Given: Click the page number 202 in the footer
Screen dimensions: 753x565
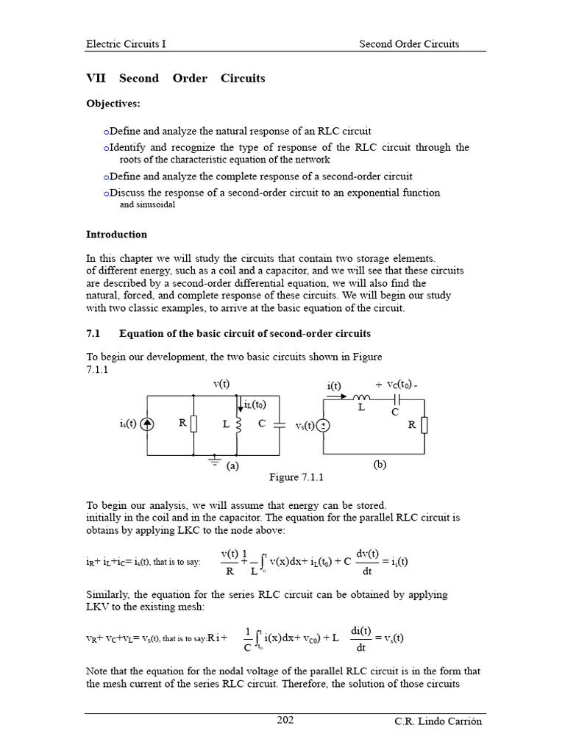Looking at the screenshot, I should tap(285, 720).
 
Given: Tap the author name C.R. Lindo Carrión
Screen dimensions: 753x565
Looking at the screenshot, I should tap(438, 721).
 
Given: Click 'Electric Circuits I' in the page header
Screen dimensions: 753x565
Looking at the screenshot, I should tap(126, 43).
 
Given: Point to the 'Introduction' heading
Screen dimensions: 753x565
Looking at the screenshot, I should tap(116, 235).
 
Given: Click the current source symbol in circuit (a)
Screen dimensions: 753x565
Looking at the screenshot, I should tap(147, 424).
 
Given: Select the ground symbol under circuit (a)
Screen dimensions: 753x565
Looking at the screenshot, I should tap(214, 460).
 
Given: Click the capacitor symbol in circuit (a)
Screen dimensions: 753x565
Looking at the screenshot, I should tap(280, 424).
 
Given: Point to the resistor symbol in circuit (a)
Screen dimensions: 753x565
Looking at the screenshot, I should tap(193, 424).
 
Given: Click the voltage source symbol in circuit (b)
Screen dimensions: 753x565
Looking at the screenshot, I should tap(324, 426).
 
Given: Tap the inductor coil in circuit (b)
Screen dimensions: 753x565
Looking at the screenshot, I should tap(362, 398).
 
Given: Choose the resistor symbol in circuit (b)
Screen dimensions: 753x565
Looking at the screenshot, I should tap(424, 425).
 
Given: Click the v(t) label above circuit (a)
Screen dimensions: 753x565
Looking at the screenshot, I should tap(221, 384).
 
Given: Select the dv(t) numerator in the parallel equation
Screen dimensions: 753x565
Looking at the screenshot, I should tap(366, 554).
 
